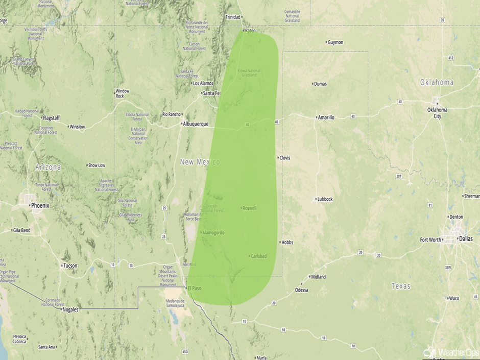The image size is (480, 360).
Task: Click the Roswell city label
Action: coord(250,208)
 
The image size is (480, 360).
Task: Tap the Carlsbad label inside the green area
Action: coord(259,256)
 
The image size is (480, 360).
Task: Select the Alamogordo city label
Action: coord(213,233)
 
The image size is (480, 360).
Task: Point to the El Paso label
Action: coord(194,289)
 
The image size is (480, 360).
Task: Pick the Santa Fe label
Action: coord(211,93)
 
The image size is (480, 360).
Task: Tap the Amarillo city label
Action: coord(326,117)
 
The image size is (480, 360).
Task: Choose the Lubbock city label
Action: coord(324,199)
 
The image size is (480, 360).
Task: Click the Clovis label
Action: coord(284,158)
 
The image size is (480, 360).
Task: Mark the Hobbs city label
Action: coord(287,243)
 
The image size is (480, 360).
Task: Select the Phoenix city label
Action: coord(40,206)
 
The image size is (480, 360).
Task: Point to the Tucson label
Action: coord(70,266)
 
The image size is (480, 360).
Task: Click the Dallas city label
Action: coord(466,238)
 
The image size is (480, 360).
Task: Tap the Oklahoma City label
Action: coord(438,113)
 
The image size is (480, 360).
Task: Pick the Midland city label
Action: coord(318,277)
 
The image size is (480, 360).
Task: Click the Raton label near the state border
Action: coord(250,31)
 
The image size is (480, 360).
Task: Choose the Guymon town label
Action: coord(335,42)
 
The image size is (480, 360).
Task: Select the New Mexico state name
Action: coord(200,162)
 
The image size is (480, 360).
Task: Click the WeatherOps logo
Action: coord(451,352)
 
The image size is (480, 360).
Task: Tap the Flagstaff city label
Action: coord(51,118)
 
